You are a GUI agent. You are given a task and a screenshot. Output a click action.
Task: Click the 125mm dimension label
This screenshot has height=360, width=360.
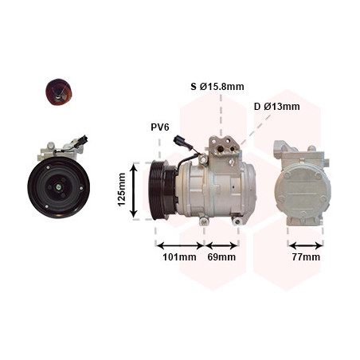122,190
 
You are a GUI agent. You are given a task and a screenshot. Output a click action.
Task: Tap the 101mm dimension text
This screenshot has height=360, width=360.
179,257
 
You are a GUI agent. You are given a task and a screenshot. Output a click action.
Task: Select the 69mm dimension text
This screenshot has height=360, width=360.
221,257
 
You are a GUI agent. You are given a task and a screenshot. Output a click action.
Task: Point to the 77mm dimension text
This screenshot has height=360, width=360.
306,257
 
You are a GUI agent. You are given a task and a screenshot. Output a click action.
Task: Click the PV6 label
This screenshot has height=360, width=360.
160,127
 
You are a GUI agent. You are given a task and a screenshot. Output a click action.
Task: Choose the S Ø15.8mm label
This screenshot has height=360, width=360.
217,87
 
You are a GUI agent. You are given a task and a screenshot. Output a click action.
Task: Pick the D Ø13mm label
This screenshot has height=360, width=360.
277,107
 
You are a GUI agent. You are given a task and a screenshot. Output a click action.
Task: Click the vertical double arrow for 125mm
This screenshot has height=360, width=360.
134,191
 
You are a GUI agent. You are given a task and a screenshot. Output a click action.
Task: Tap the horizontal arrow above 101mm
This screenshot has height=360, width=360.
180,245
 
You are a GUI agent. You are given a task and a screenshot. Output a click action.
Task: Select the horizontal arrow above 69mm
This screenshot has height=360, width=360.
221,245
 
